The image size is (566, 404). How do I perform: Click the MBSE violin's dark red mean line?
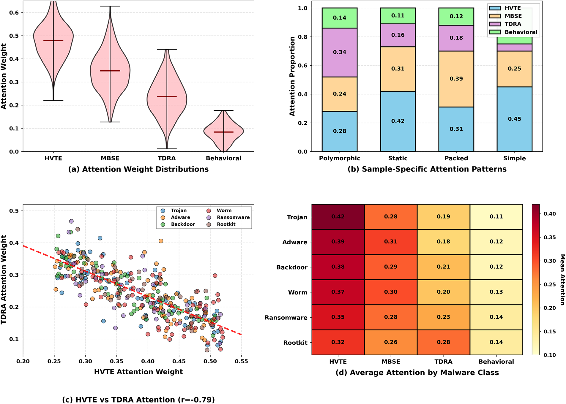tap(110, 71)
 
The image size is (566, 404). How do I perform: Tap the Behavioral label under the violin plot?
tap(223, 158)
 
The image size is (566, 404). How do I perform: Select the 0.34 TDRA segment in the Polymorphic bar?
tap(339, 52)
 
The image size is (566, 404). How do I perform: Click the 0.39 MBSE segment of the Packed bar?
tap(456, 79)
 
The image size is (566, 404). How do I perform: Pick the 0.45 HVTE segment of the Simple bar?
tap(514, 119)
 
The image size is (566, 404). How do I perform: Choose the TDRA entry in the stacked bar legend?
tap(513, 24)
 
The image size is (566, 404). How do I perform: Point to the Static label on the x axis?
tap(398, 158)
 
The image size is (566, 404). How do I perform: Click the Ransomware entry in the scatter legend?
tap(233, 217)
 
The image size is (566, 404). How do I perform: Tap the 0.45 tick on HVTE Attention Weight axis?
tap(179, 361)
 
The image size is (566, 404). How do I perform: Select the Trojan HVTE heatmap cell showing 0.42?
tap(338, 217)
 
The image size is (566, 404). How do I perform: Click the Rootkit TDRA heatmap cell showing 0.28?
tap(443, 342)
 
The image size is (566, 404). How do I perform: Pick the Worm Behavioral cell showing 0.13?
tap(496, 292)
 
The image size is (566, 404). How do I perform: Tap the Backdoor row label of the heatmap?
tap(292, 267)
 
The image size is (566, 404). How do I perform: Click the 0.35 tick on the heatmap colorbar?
tap(550, 237)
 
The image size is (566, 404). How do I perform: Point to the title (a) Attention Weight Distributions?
tap(138, 169)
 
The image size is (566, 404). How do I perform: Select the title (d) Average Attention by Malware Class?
tap(417, 373)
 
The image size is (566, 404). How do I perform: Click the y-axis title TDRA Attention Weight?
tap(4, 279)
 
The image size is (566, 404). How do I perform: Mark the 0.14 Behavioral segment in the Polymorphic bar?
tap(339, 18)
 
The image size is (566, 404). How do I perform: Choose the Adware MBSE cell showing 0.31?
tap(390, 242)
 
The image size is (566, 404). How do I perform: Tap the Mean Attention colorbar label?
tap(562, 279)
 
